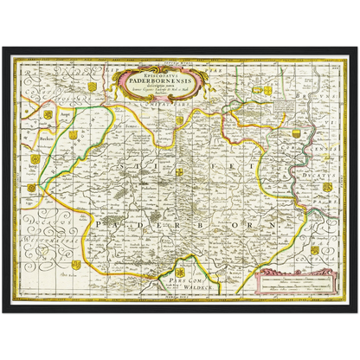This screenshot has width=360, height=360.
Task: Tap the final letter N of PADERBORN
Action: [280, 222]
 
